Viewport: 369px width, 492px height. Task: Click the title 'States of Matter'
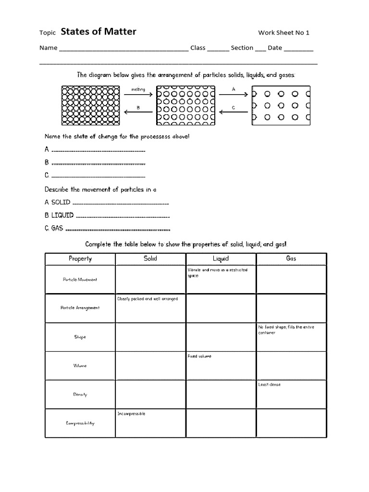pyautogui.click(x=98, y=32)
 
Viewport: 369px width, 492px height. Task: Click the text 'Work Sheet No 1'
pyautogui.click(x=283, y=33)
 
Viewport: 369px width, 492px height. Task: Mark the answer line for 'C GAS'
pyautogui.click(x=118, y=229)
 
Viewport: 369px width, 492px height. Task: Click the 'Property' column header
pyautogui.click(x=80, y=258)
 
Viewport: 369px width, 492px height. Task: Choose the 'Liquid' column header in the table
pyautogui.click(x=221, y=258)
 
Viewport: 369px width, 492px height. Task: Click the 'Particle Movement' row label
pyautogui.click(x=80, y=280)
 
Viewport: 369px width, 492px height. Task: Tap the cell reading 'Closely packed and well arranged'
pyautogui.click(x=150, y=308)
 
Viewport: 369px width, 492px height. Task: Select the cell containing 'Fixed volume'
pyautogui.click(x=221, y=366)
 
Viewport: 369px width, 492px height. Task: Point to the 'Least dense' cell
pyautogui.click(x=291, y=394)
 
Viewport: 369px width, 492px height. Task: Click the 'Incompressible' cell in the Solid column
pyautogui.click(x=150, y=423)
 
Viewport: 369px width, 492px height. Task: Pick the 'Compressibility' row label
pyautogui.click(x=80, y=423)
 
